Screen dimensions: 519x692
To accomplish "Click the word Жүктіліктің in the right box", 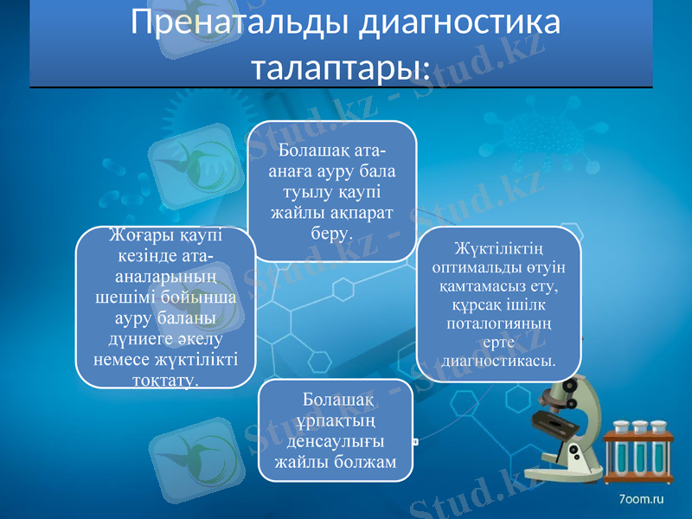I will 498,250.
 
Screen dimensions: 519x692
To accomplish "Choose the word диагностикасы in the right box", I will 497,360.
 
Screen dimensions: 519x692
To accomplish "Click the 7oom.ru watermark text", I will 641,499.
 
